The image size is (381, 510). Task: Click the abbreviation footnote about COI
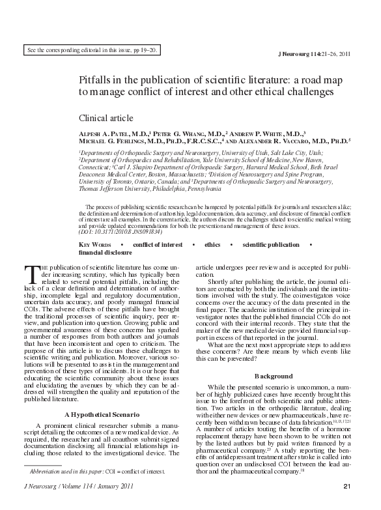[102, 489]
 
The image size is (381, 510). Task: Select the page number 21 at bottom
[346, 503]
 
